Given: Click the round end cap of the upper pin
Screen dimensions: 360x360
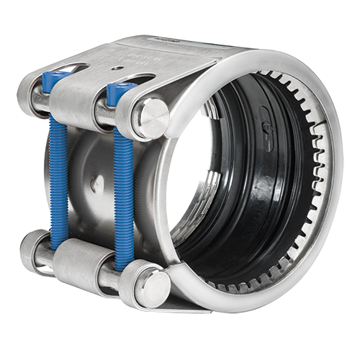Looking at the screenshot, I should point(152,117).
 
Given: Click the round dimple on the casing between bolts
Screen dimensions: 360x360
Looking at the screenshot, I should point(94,184).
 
